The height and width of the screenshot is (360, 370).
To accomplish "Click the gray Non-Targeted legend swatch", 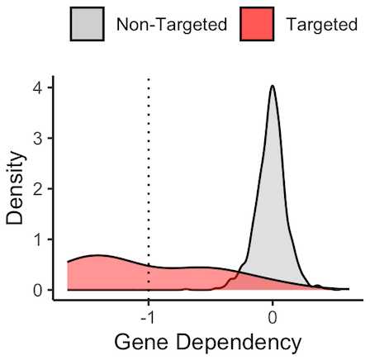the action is pos(88,24).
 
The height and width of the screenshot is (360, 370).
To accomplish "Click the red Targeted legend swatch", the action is pos(257,24).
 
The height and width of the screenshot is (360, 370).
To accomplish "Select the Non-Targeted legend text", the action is pos(172,24).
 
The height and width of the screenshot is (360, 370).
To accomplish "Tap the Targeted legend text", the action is pos(322,24).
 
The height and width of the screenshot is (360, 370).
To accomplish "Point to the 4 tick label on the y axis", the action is pos(38,88).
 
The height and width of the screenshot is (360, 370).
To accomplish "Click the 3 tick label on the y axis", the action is pos(38,139).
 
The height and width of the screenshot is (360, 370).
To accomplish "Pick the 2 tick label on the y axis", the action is pos(38,189).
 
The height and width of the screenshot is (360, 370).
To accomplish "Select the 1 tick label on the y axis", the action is pos(38,239).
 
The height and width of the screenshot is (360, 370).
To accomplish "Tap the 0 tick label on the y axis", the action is pos(38,291).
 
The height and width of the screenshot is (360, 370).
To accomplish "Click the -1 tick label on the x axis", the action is pos(147,317).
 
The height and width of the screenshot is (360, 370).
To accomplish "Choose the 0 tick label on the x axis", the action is pos(273,317).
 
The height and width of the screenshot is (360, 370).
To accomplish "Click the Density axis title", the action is pos(15,188).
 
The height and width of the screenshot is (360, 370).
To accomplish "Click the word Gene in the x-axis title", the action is pos(141,342).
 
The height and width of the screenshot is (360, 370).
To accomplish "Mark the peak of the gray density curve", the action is pos(273,86).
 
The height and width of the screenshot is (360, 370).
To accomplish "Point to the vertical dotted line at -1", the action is pos(149,181).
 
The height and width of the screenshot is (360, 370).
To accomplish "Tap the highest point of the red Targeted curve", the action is pos(97,255).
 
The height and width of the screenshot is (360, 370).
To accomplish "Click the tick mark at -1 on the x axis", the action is pos(149,303).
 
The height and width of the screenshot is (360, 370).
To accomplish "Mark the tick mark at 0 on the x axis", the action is pos(273,303).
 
